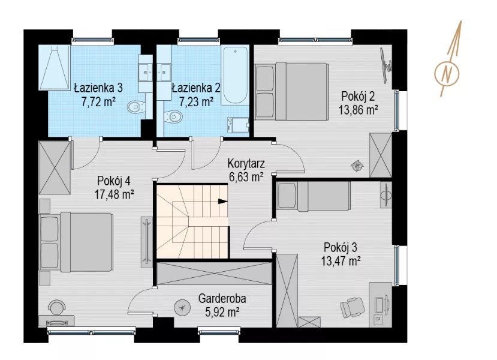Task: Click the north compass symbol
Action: (x=447, y=74)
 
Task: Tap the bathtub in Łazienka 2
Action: (x=234, y=76)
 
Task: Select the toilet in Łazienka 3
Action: (x=137, y=107)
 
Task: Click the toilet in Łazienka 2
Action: (x=173, y=116)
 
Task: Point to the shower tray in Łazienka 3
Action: (x=54, y=67)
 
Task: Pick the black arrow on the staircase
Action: (x=223, y=201)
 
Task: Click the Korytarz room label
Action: (x=246, y=164)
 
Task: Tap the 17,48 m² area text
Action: (x=114, y=194)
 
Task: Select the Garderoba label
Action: (x=222, y=298)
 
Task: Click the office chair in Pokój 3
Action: (x=352, y=306)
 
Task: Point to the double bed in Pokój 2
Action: (x=291, y=91)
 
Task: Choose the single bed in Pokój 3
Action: (x=314, y=196)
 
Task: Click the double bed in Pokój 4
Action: (x=76, y=242)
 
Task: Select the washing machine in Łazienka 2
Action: (x=238, y=125)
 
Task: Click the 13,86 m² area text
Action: (x=358, y=110)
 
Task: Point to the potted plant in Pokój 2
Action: (x=357, y=165)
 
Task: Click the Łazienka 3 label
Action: (x=98, y=88)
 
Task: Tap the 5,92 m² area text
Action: (x=222, y=313)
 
